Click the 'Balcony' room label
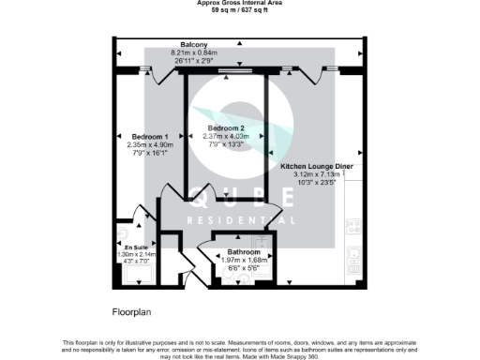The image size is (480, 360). (x=194, y=44)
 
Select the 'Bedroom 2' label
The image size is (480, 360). (x=226, y=127)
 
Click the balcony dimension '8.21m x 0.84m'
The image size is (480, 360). (x=194, y=52)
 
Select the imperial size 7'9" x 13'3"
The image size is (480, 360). (x=226, y=144)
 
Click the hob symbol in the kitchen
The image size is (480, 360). (x=354, y=226)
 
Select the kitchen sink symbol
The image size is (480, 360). (x=353, y=252)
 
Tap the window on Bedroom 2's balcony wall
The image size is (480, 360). (x=230, y=70)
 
